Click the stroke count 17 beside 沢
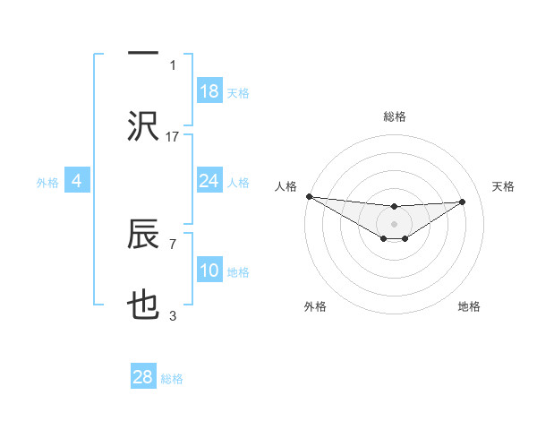[173, 136]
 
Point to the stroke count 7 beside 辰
[173, 243]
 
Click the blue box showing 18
[209, 91]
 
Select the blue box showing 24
[209, 181]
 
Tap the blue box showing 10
[209, 271]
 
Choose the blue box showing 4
[77, 182]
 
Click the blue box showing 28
[143, 377]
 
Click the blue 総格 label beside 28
[172, 379]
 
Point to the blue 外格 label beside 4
[47, 183]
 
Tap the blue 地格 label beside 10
[239, 272]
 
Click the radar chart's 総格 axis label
[394, 116]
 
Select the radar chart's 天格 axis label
[504, 186]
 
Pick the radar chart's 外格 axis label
[315, 306]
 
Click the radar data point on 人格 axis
[309, 196]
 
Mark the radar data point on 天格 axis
[463, 202]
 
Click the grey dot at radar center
[394, 223]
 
